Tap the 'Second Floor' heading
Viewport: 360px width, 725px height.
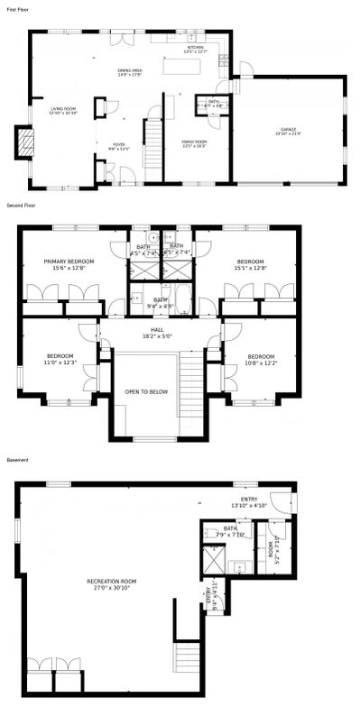click(x=19, y=206)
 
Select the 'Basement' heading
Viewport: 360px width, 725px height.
click(x=17, y=460)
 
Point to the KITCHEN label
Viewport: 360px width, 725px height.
click(x=194, y=47)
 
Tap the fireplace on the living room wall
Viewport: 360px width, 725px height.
click(x=26, y=142)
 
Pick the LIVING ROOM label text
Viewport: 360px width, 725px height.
click(x=63, y=109)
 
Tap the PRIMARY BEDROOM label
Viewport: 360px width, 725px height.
click(x=69, y=262)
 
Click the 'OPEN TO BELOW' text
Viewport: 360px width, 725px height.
click(x=145, y=392)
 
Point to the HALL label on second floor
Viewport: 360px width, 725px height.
click(x=158, y=329)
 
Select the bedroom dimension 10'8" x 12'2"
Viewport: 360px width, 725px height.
click(x=260, y=362)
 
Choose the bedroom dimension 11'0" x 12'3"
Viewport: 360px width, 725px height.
click(x=58, y=362)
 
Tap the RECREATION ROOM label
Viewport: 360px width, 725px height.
click(x=111, y=581)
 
